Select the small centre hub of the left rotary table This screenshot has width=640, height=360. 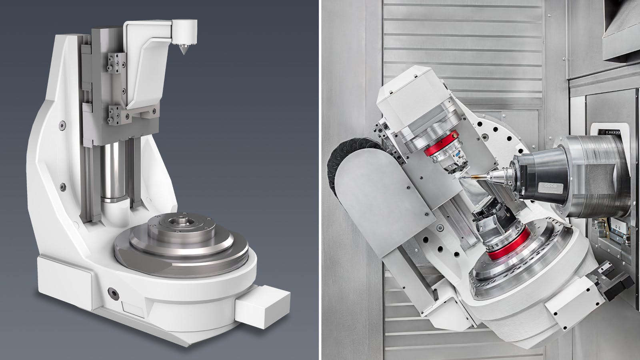click(x=177, y=220)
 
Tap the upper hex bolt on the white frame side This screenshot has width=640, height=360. click(x=62, y=125)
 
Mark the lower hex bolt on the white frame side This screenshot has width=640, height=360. click(x=62, y=187)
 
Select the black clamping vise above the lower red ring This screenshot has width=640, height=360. click(x=492, y=224)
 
